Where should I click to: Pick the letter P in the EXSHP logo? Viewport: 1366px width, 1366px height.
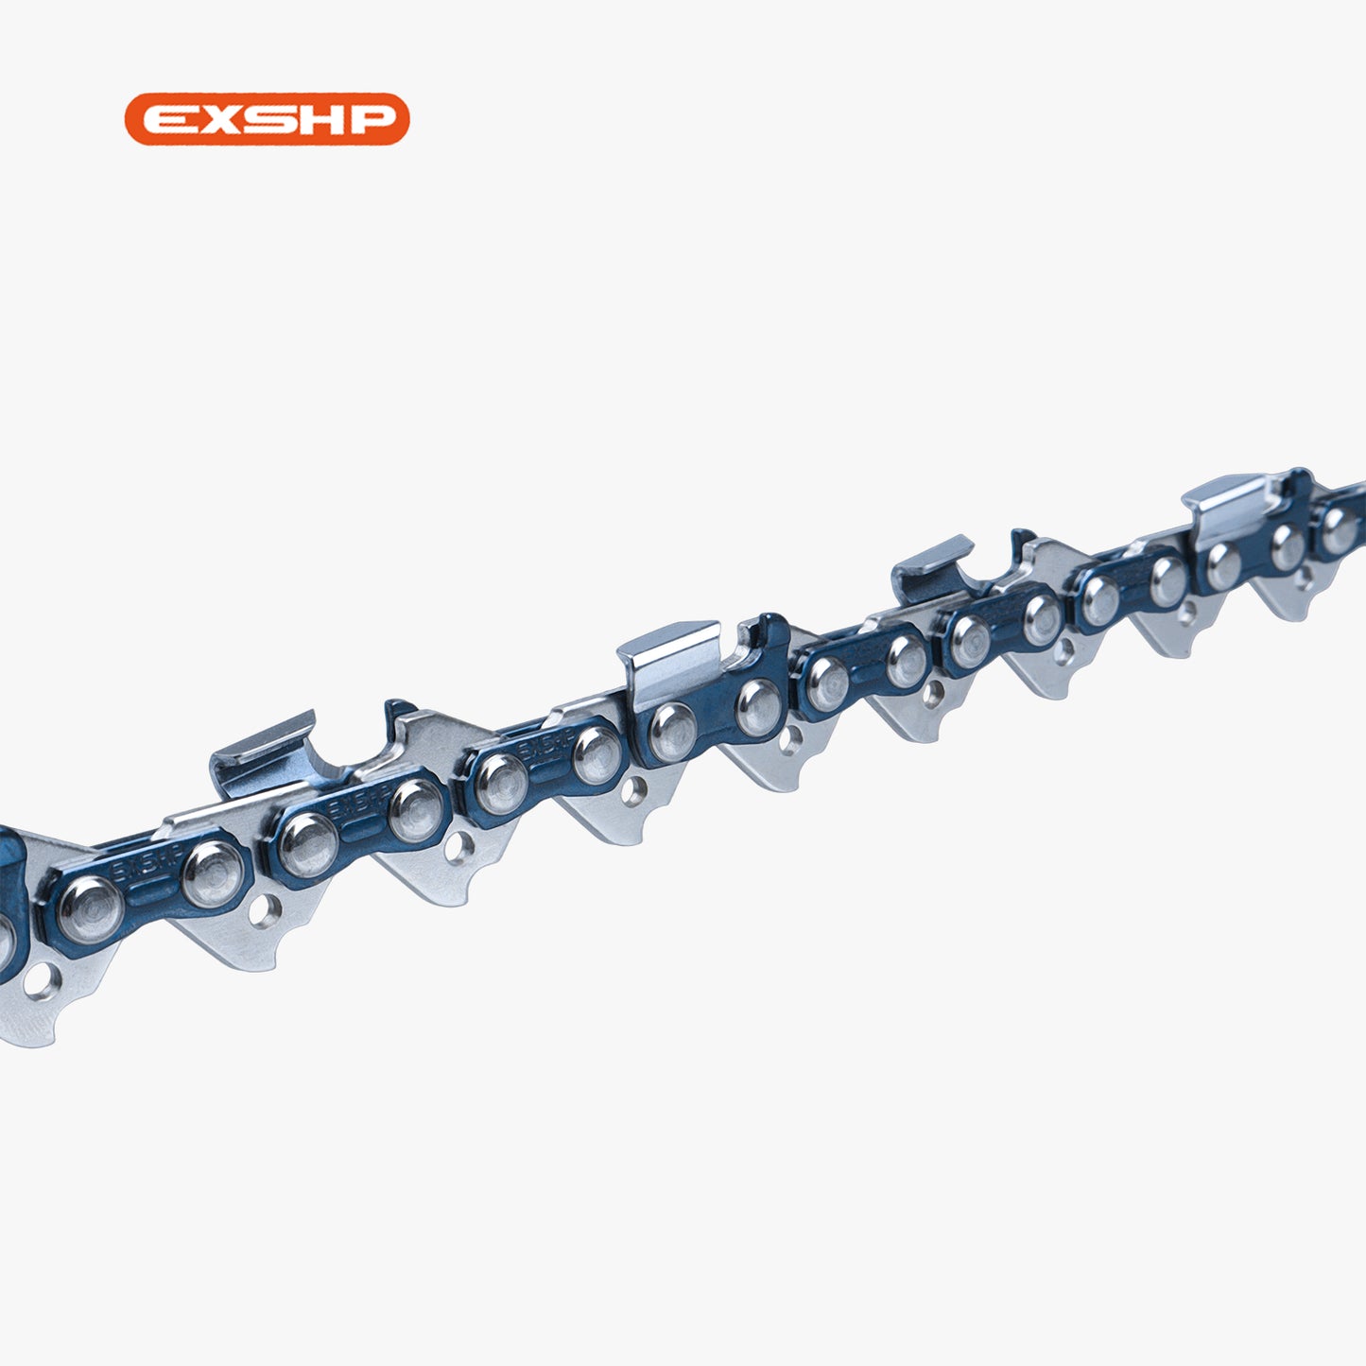[x=372, y=119]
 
